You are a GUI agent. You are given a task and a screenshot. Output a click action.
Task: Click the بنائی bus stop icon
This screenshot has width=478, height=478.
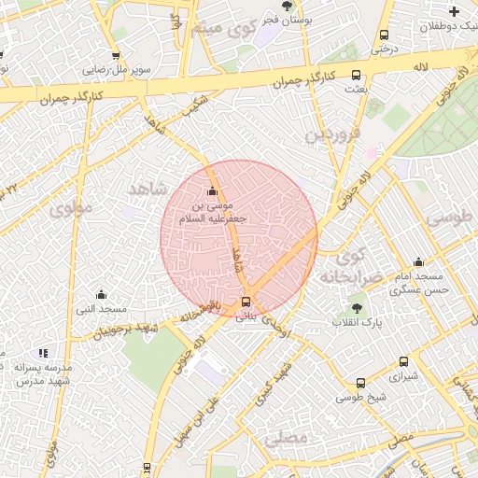pos(246,302)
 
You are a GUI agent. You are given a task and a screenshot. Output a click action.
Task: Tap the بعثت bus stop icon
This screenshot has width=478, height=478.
pos(355,76)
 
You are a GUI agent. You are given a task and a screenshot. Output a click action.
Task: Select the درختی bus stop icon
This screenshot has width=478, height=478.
pos(384,35)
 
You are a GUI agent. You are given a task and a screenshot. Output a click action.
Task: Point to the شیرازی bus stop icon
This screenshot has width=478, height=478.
pos(403,361)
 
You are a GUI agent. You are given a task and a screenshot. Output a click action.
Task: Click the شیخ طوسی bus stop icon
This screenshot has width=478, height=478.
pos(361,383)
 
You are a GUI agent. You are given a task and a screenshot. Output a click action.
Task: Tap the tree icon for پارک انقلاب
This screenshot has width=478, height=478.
pos(356,306)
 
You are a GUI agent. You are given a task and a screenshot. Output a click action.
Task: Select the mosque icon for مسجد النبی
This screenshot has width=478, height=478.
pos(101,294)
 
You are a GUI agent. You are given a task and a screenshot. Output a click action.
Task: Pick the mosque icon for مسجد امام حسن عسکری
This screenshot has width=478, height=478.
pos(418,262)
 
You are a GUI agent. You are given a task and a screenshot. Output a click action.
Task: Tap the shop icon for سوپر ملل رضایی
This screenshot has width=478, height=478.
pos(119,54)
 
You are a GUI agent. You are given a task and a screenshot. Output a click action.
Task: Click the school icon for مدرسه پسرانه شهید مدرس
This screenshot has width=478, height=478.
pos(43,353)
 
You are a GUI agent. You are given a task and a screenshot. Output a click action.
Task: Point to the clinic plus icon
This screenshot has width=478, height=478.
pos(455,12)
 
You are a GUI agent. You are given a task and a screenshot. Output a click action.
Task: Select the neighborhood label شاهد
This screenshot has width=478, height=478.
pos(147,190)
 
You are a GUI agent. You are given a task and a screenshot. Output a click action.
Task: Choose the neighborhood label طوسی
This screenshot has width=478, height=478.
pos(449,218)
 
